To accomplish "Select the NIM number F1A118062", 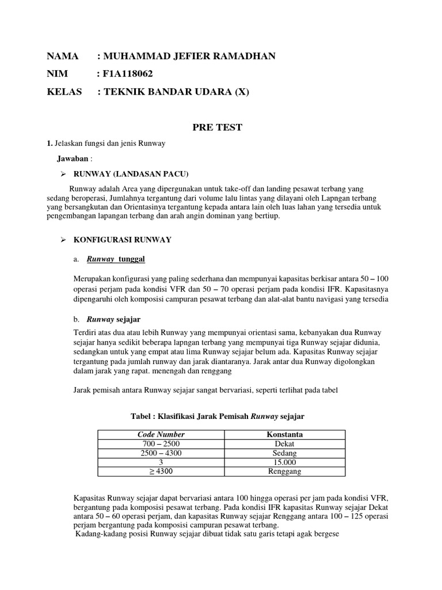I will coord(128,74).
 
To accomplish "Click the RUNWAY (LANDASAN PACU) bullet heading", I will coord(129,174).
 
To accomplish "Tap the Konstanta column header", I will coord(284,434).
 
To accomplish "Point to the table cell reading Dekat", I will coord(284,444).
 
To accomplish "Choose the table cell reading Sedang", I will coord(284,453).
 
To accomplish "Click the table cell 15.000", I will coord(284,462).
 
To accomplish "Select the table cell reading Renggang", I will coord(284,471).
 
